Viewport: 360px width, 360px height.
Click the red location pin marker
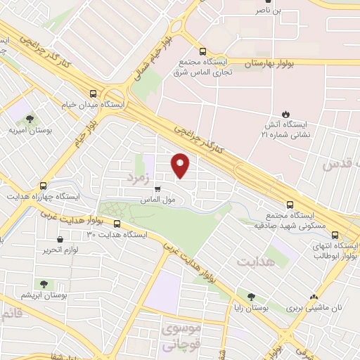coord(181,165)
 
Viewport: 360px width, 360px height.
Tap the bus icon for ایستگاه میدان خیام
coord(94,93)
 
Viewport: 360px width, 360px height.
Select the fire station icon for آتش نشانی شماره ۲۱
coord(285,113)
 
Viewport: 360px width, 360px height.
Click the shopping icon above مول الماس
coord(157,188)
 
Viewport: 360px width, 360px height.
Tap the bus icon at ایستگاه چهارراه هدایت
coord(44,186)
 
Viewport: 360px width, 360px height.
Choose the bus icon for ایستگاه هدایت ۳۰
coord(117,224)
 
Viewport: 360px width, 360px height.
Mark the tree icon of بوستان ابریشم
coord(44,284)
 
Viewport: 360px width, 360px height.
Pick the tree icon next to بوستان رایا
coord(251,297)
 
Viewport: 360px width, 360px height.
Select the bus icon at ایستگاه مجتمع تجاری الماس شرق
coord(202,51)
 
